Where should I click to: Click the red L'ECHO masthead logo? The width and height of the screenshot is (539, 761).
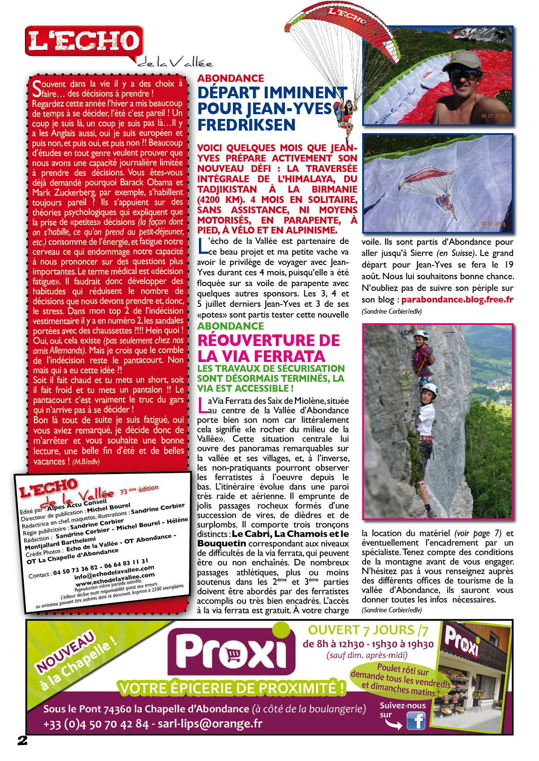tap(84, 42)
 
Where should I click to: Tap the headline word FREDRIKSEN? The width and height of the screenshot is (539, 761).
tap(246, 125)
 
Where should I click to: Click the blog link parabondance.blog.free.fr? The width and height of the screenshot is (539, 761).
tap(457, 299)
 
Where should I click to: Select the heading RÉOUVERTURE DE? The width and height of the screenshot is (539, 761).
tap(269, 340)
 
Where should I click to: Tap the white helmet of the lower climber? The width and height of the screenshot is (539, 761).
tap(429, 390)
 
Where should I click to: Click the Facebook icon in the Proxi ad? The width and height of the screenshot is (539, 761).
tap(416, 720)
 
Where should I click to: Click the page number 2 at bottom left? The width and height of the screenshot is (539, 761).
tap(22, 741)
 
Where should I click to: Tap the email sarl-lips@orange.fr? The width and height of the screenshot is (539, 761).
tap(210, 724)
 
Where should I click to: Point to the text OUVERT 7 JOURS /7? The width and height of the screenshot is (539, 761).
tap(368, 630)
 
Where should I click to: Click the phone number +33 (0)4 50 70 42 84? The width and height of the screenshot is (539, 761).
tap(96, 724)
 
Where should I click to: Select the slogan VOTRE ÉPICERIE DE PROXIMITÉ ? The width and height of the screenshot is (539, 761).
tap(232, 688)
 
